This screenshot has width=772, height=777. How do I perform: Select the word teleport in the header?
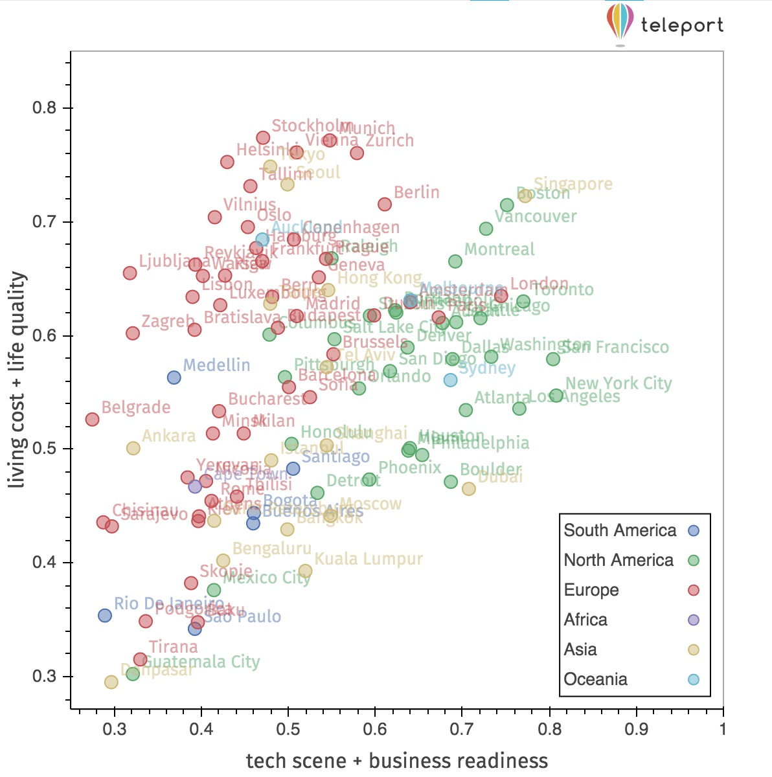coord(682,25)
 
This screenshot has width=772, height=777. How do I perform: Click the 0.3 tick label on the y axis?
coord(45,676)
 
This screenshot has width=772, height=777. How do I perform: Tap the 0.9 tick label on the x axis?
coord(636,729)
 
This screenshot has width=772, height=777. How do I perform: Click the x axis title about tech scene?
coord(396,761)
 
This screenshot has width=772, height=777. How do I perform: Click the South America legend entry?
coord(620,530)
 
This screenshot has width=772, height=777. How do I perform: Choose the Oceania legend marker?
coord(694,679)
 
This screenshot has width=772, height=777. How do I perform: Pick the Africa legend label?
coord(585,620)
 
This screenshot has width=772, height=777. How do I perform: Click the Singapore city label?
coord(573,184)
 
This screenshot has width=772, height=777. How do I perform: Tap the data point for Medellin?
coord(174,377)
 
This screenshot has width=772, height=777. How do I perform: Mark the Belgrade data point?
coord(92,420)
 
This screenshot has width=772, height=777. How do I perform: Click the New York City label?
coord(619,383)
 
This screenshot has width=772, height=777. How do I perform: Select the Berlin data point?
coord(385,204)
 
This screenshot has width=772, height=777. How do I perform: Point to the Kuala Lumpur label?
coord(369,559)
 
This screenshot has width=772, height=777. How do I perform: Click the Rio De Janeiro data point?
coord(104,615)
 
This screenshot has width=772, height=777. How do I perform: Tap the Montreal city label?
coord(499,249)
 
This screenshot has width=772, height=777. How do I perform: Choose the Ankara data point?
coord(133,448)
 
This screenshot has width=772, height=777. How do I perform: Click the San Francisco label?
coord(615,347)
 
